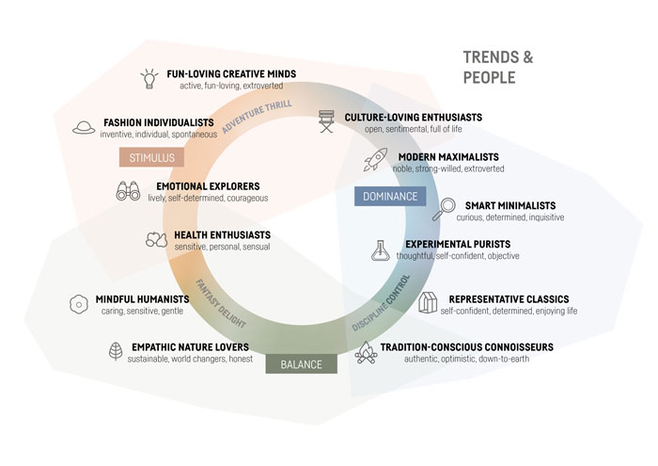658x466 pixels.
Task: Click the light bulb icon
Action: [x=149, y=78]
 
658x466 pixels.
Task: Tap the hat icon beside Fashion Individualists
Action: [x=84, y=126]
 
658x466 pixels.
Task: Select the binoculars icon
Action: [x=128, y=191]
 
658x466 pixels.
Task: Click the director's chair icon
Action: [x=327, y=122]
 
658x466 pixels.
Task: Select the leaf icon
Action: [x=116, y=352]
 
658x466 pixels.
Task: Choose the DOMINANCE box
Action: [x=389, y=197]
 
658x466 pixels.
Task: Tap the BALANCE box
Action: [x=300, y=364]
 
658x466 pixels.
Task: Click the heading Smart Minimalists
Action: [x=507, y=205]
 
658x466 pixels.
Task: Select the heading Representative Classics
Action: [x=506, y=298]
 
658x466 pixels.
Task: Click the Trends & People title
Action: [x=497, y=67]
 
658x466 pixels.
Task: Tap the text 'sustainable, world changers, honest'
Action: [x=190, y=360]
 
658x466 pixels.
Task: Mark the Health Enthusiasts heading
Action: [x=222, y=234]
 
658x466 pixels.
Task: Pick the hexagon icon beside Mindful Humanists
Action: [x=79, y=304]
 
